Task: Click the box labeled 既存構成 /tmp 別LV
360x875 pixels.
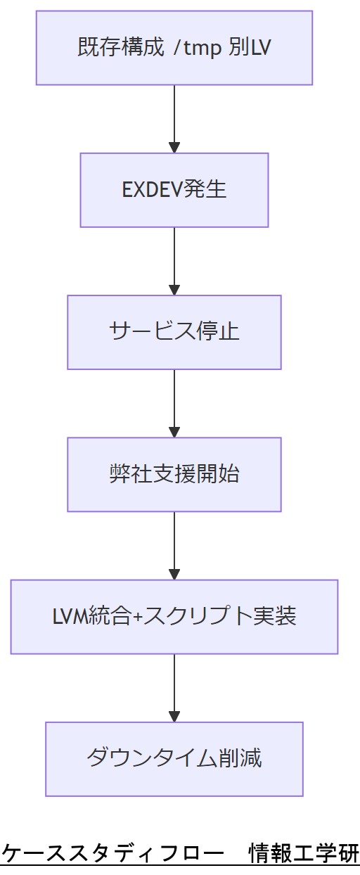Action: click(x=174, y=48)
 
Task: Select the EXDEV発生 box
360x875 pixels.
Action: click(x=174, y=190)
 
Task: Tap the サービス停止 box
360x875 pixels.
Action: click(x=174, y=332)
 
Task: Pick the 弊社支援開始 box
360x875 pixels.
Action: click(x=174, y=474)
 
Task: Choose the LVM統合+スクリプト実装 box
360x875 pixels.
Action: click(x=174, y=617)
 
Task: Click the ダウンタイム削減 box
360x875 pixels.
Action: click(x=174, y=759)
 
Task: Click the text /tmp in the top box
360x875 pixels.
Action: click(x=198, y=48)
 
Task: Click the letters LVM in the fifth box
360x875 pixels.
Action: click(x=67, y=617)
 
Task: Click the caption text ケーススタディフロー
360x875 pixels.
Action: click(x=112, y=853)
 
